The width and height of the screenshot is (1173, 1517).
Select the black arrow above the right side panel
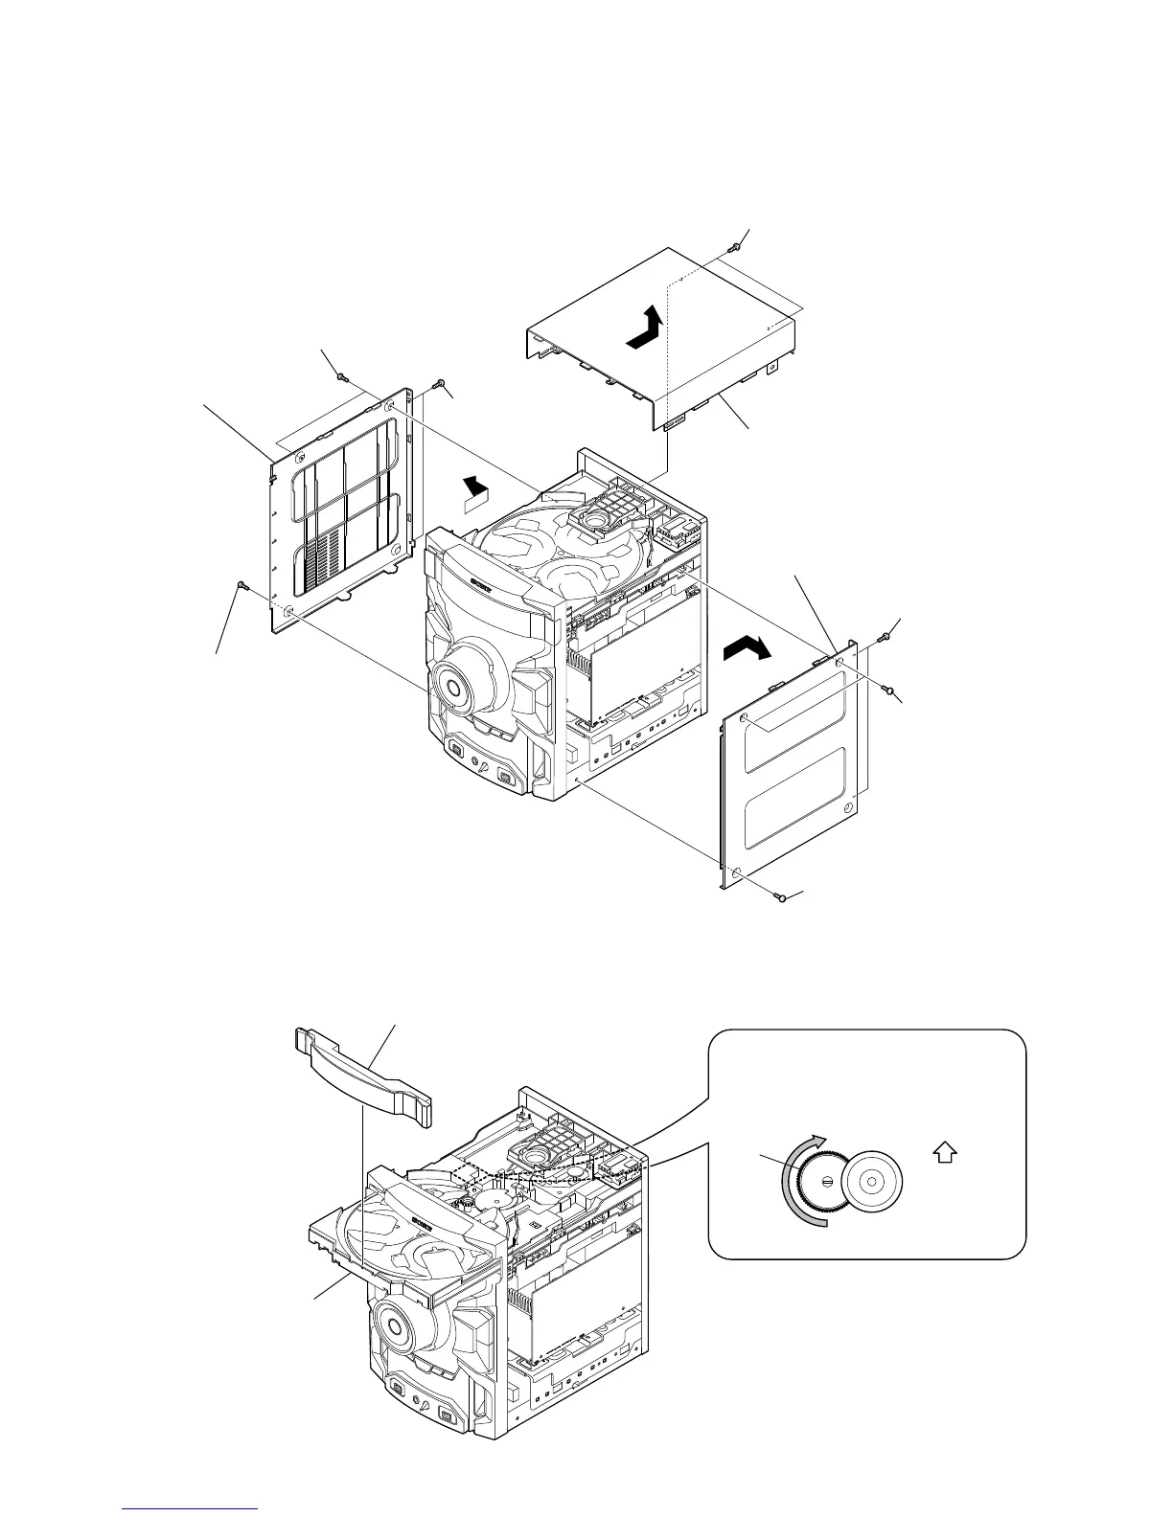tap(747, 650)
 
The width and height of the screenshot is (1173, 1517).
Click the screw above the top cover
tap(734, 246)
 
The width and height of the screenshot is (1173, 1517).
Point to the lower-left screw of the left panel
tap(241, 585)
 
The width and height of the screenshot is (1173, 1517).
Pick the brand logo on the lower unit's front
tap(425, 1221)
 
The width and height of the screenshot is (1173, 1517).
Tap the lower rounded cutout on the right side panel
tap(794, 799)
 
